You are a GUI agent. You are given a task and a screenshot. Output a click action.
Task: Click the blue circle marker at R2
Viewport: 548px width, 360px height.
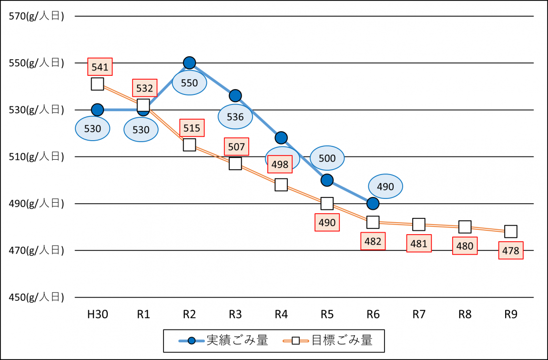point(189,62)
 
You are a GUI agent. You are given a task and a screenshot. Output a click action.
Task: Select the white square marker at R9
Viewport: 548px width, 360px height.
point(511,231)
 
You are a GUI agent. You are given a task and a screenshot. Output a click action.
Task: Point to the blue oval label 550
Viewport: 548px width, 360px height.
point(189,83)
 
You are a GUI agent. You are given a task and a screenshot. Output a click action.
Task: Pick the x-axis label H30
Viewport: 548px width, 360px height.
point(97,314)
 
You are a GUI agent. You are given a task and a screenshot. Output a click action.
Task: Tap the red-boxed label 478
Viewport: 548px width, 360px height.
point(511,250)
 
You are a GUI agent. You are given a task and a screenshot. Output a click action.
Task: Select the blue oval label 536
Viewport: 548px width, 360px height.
point(235,117)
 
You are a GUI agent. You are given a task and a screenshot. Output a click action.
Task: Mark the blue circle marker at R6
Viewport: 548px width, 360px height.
point(373,204)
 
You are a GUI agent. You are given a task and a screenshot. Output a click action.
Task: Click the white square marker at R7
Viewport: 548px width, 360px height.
point(419,224)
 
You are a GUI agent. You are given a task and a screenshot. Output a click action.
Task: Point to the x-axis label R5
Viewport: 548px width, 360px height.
point(327,314)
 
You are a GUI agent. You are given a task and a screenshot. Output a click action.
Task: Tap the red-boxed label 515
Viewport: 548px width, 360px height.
point(192,127)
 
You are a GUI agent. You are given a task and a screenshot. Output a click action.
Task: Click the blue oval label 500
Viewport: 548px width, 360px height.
point(327,158)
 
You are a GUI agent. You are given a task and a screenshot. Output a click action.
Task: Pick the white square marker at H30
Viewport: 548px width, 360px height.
point(97,84)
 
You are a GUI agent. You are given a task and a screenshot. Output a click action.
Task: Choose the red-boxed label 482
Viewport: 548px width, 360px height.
point(373,241)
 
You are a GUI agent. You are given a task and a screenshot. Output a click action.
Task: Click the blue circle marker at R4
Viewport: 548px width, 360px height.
point(281,138)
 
